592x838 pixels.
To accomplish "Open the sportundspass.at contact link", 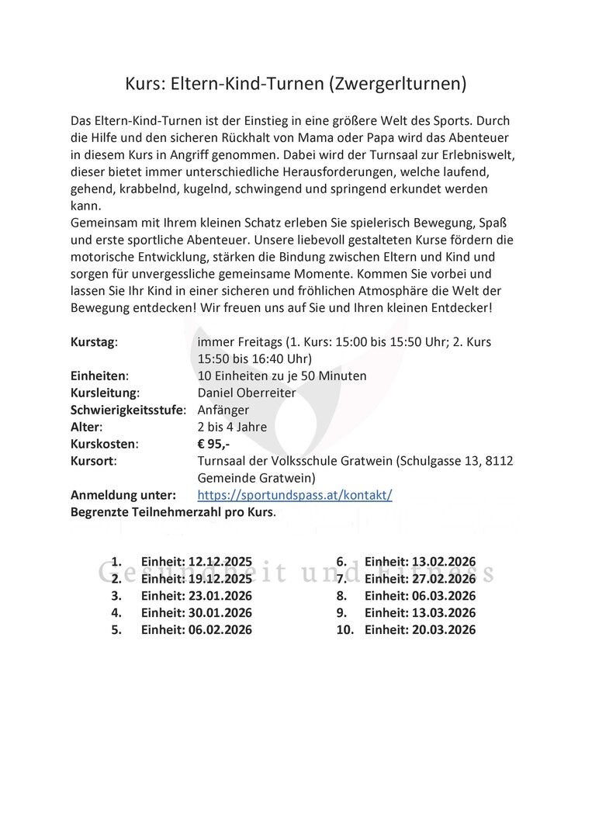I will pos(295,494).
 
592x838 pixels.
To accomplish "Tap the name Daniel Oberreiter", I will pos(247,393).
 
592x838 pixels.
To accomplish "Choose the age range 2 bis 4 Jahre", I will pos(232,427).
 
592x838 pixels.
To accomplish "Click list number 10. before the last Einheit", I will pos(344,630).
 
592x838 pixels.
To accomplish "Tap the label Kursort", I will pos(93,461).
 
